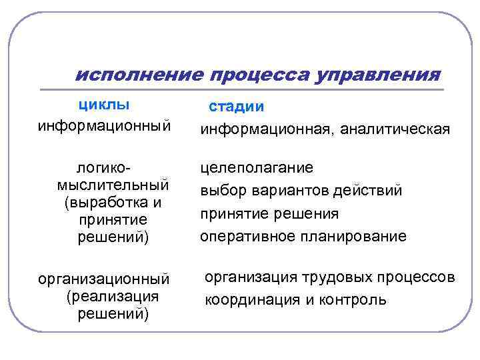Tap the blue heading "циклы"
tap(104, 105)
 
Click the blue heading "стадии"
tap(237, 107)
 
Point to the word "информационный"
tap(104, 125)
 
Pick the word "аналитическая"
tap(395, 129)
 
